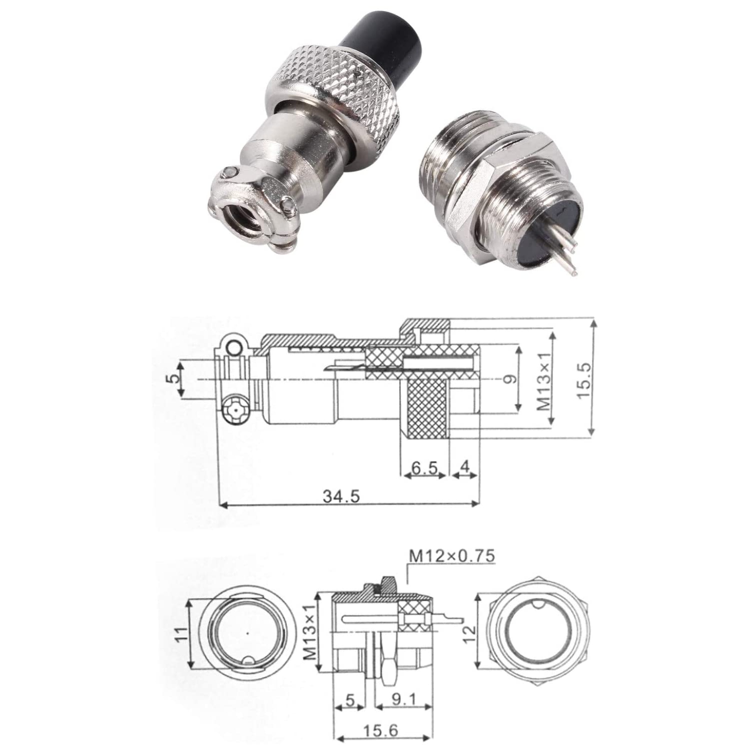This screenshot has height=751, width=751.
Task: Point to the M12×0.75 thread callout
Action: tap(452, 555)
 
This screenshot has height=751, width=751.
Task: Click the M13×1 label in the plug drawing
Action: tap(545, 379)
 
